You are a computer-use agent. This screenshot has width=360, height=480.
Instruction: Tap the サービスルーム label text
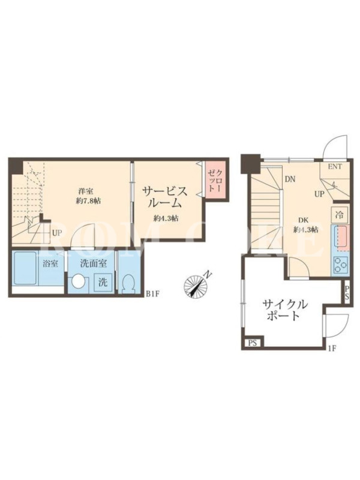point(165,197)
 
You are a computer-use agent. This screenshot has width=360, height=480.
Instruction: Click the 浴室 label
point(50,263)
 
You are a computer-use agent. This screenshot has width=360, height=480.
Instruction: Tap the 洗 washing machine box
point(103,282)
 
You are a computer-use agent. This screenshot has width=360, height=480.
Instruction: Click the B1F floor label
point(153,294)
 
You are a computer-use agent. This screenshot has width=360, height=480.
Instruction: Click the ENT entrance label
point(335,167)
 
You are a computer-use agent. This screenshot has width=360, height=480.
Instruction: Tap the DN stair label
point(290,179)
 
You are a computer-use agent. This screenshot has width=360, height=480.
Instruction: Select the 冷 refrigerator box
point(339,215)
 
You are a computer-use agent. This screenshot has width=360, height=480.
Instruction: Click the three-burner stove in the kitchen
point(340,265)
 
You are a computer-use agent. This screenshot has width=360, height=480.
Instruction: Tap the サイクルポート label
point(284,310)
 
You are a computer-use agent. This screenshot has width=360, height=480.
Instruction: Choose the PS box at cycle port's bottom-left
point(253,343)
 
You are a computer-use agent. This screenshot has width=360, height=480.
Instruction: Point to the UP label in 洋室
point(56,233)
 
